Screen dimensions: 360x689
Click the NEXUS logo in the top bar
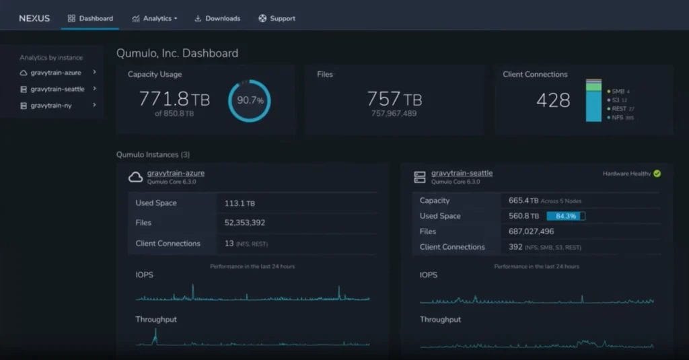[34, 18]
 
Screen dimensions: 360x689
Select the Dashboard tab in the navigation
[90, 18]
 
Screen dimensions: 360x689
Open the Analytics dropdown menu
[155, 18]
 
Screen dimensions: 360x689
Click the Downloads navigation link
[217, 18]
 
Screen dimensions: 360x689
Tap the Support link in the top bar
[277, 18]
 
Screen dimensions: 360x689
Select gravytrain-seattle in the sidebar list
[58, 89]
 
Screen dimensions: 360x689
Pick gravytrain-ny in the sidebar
[51, 106]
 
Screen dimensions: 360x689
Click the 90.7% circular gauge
[250, 101]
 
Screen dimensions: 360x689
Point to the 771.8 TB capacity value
[174, 100]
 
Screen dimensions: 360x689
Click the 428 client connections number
[553, 100]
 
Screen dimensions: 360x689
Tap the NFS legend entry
[620, 118]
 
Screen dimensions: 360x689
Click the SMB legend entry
[619, 91]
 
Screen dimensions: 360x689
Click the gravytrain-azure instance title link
[176, 173]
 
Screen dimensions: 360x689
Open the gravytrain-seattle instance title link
[462, 173]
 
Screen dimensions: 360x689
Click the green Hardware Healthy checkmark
[657, 174]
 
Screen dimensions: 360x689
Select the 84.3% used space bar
[565, 216]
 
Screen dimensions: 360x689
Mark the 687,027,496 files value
[532, 231]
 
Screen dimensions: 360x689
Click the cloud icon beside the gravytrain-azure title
[135, 177]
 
